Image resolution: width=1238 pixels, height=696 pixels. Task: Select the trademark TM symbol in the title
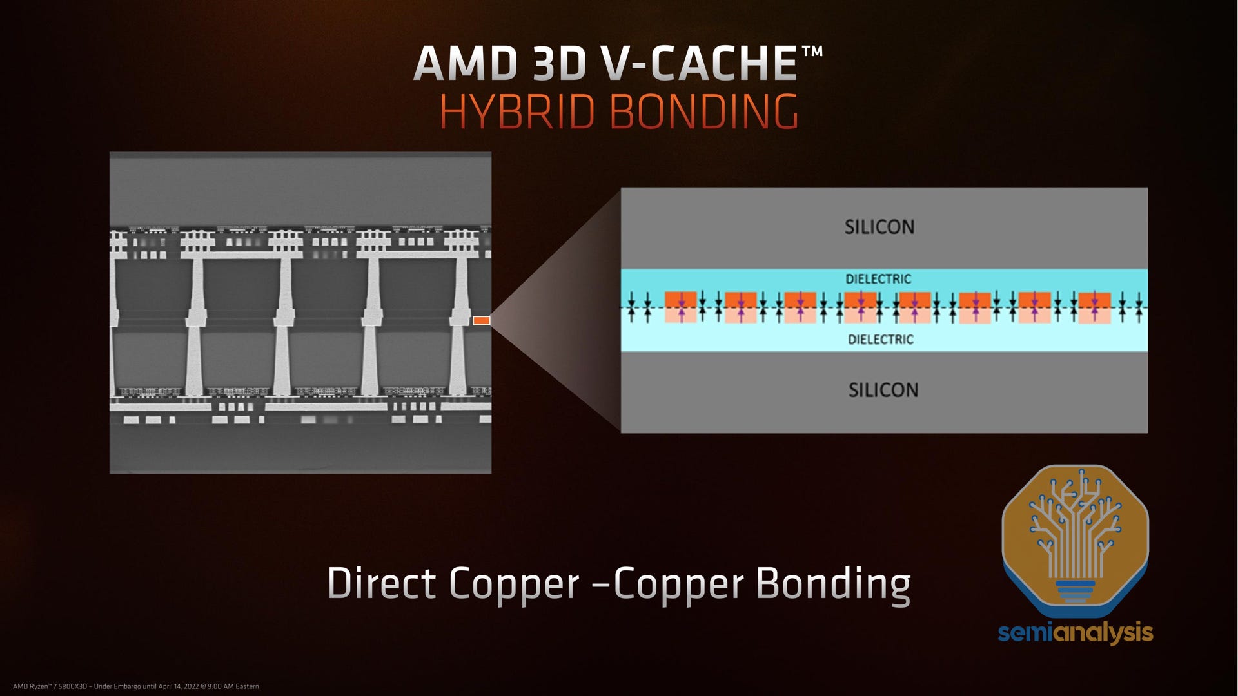(x=812, y=51)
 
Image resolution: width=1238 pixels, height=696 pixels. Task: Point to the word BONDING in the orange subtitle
(x=703, y=111)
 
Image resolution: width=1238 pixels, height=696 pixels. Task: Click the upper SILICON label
(x=879, y=227)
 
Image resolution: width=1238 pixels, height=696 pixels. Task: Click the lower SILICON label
(x=883, y=390)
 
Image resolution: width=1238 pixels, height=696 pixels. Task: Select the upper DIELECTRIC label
(x=878, y=279)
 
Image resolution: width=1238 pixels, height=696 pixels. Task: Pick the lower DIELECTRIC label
(x=880, y=340)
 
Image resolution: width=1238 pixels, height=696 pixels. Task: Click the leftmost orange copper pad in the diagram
(x=681, y=307)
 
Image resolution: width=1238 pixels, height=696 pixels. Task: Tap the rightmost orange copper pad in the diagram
(x=1094, y=307)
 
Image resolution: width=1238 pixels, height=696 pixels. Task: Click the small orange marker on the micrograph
(x=481, y=320)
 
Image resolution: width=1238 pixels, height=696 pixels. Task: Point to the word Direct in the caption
(x=382, y=584)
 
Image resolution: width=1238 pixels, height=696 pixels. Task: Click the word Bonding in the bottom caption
(x=832, y=584)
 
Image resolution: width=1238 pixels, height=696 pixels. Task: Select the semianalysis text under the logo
(x=1075, y=632)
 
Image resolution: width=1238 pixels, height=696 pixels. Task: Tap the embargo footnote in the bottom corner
(x=135, y=686)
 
